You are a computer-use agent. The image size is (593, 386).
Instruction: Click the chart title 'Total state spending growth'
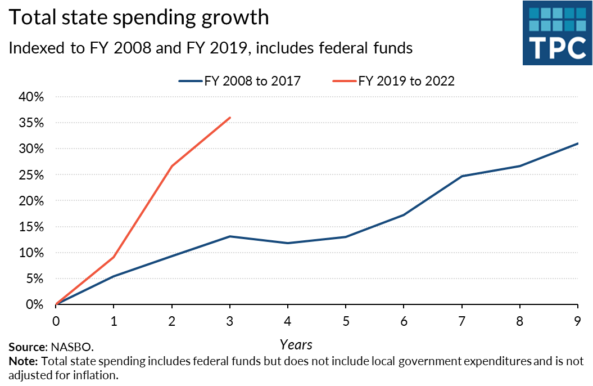[x=138, y=18]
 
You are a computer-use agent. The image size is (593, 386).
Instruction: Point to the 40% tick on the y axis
[x=31, y=97]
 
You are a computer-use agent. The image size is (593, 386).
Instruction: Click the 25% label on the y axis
[x=31, y=175]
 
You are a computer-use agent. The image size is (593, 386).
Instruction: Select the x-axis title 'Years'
[x=296, y=344]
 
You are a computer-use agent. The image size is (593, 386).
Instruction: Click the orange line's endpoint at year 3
[x=230, y=118]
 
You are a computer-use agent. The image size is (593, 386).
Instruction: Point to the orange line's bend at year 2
[x=172, y=166]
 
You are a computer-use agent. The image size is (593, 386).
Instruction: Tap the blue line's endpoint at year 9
[x=578, y=143]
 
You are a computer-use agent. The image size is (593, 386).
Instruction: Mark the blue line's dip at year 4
[x=288, y=243]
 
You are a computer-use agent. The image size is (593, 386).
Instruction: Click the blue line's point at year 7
[x=461, y=176]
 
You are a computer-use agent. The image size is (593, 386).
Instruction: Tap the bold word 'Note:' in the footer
[x=23, y=361]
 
